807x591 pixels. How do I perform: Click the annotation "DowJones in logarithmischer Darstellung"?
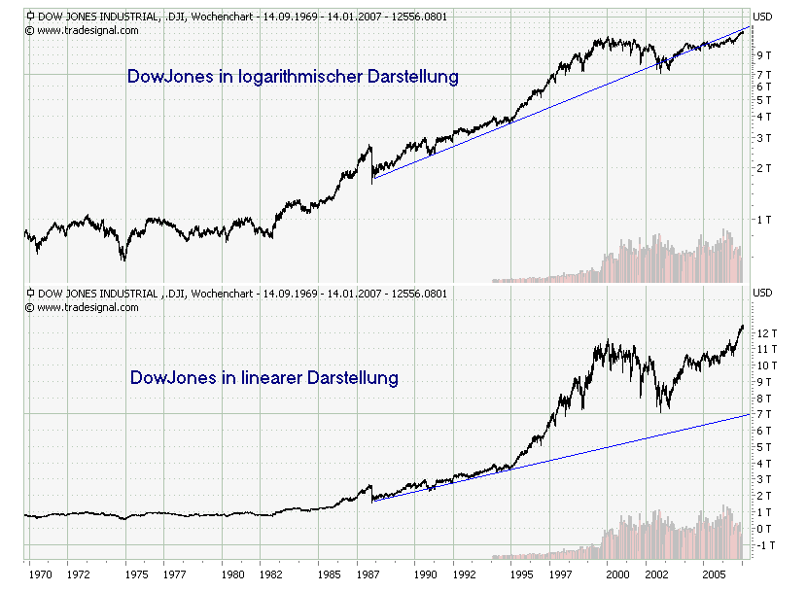click(x=293, y=76)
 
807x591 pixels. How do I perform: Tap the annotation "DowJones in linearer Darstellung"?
click(x=264, y=377)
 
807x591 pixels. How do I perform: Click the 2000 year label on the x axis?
click(x=610, y=575)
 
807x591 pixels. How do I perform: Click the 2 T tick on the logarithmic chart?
click(x=764, y=168)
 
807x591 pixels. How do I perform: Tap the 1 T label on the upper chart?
click(x=764, y=220)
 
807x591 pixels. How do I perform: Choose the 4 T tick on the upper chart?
click(x=764, y=117)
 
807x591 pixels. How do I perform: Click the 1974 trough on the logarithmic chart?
click(x=123, y=261)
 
